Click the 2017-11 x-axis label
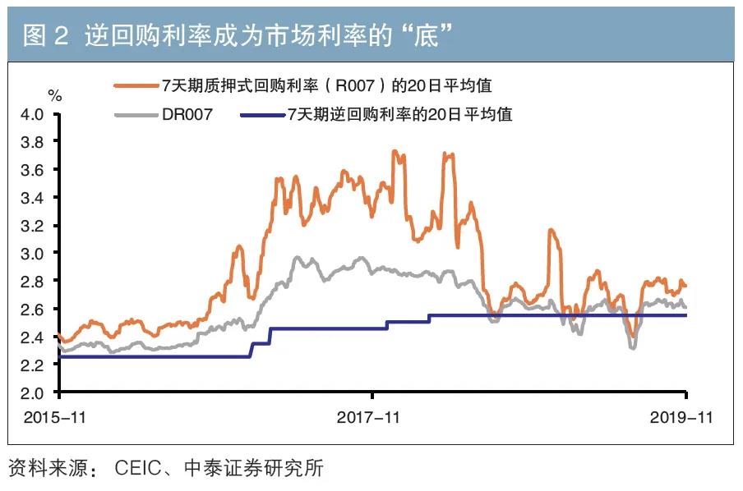tap(369, 418)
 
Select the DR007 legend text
tap(187, 115)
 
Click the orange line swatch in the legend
tap(136, 85)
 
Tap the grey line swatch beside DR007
tap(136, 115)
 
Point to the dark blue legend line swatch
tap(262, 115)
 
